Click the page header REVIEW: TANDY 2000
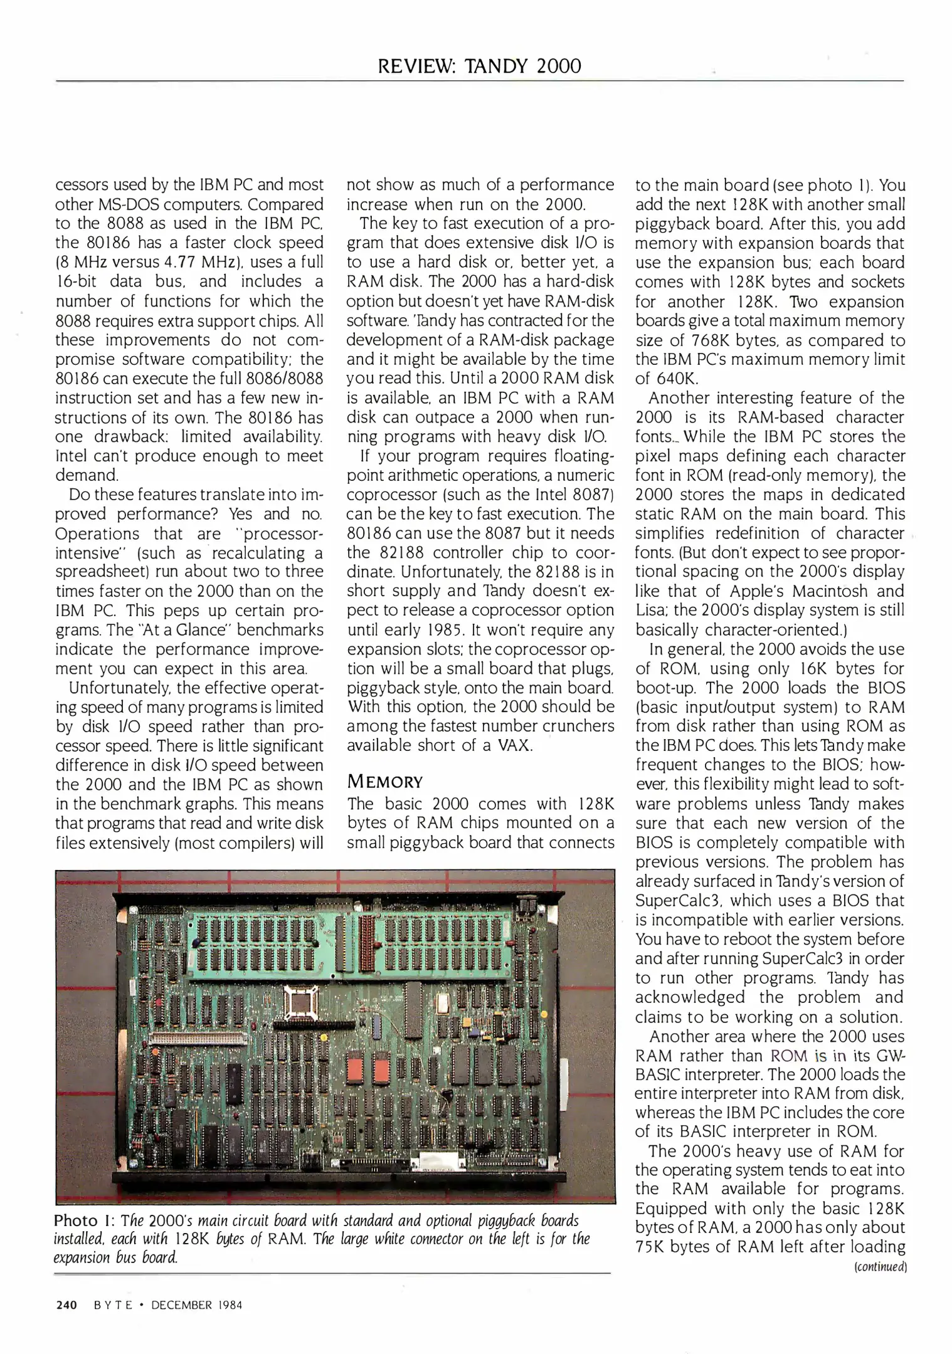[479, 66]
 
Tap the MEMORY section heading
[385, 782]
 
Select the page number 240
[65, 1305]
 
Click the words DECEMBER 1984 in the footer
[196, 1305]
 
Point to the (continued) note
[881, 1267]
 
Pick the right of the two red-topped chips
[381, 1069]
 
